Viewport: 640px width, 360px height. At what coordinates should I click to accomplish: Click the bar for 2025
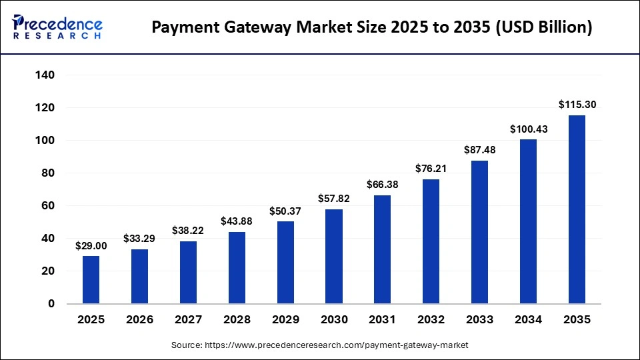tap(91, 280)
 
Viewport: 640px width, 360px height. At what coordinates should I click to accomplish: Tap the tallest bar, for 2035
tap(577, 209)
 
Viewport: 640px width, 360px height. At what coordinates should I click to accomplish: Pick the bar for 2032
tap(431, 241)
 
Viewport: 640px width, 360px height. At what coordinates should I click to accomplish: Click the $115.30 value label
tap(577, 104)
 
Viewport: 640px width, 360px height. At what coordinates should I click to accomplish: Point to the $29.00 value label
tap(91, 245)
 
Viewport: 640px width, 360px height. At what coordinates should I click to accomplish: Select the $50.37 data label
tap(285, 211)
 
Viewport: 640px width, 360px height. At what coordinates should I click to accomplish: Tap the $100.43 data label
tap(529, 129)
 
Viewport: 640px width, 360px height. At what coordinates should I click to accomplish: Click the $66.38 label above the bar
tap(383, 184)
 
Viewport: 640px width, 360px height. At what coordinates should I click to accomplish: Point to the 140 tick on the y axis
tap(45, 75)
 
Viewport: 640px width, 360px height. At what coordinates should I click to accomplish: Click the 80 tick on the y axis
tap(48, 173)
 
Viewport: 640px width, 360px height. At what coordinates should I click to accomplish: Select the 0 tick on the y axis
tap(51, 304)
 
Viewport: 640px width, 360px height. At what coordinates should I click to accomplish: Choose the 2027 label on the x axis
tap(188, 320)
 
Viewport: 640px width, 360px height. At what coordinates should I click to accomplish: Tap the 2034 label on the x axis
tap(529, 320)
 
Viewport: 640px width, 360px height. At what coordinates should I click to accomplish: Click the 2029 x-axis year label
tap(285, 320)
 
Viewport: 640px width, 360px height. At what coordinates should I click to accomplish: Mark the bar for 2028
tap(237, 268)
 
